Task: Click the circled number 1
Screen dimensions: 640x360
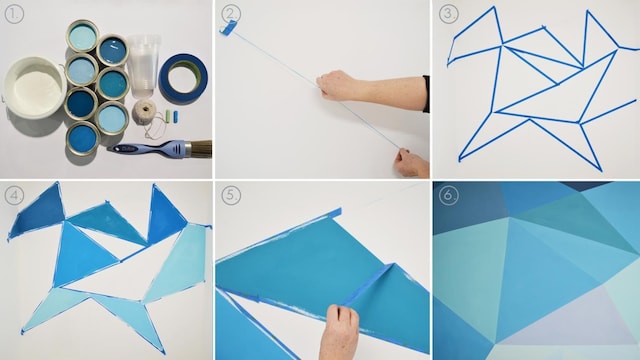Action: (x=14, y=14)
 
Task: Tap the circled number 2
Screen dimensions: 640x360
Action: (x=231, y=14)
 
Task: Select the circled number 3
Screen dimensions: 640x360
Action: (x=448, y=14)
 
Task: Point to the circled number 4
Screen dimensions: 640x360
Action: (x=14, y=196)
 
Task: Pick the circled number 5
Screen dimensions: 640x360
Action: (x=231, y=196)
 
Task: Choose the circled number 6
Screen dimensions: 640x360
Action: (x=448, y=196)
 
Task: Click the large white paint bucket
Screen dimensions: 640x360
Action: (x=34, y=87)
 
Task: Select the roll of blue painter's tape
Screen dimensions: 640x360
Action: (x=183, y=79)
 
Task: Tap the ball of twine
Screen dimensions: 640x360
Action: (x=144, y=112)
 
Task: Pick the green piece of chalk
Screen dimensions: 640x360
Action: (x=167, y=115)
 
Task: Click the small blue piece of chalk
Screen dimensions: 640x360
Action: (x=176, y=116)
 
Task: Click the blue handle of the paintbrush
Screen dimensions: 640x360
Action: (x=148, y=149)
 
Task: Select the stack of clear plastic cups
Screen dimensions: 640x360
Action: (x=144, y=66)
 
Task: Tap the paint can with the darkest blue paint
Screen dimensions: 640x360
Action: (x=81, y=103)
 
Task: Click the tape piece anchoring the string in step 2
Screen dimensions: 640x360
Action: (x=229, y=28)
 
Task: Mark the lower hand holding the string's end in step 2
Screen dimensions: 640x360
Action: (x=411, y=162)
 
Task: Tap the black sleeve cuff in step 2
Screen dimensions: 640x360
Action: (x=426, y=93)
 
